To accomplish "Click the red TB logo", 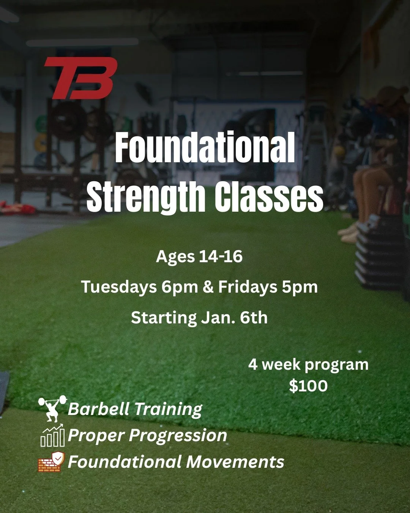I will tap(80, 78).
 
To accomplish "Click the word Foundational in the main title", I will tap(205, 149).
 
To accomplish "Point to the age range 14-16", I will tap(221, 257).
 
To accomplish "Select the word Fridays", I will tap(248, 287).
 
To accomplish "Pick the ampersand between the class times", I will tap(208, 287).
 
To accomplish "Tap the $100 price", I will tap(308, 386).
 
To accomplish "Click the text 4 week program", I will tap(308, 365).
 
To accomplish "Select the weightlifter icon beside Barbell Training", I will tap(53, 408).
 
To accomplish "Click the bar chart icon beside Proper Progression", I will tap(52, 436).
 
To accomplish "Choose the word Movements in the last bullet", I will tap(235, 462).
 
